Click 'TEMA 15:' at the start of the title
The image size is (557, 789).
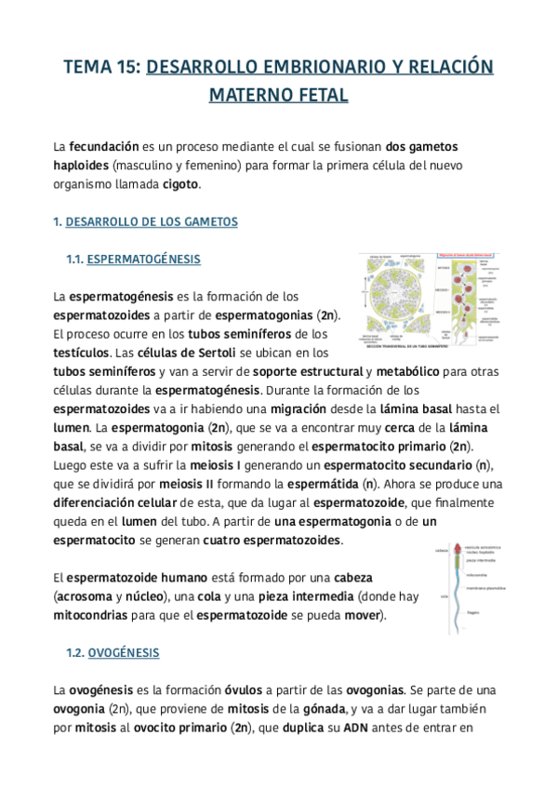102,67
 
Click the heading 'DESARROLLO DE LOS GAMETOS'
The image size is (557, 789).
152,221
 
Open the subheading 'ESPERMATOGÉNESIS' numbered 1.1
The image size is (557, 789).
143,259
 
